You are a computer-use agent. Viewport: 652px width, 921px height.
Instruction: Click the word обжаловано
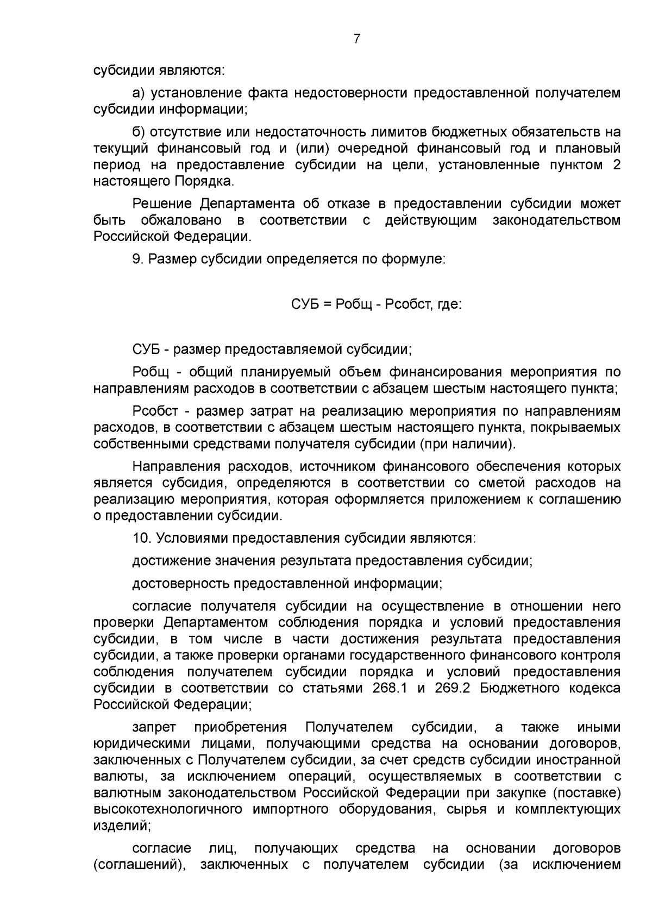(x=181, y=220)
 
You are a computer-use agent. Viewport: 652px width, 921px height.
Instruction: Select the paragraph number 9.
(x=137, y=259)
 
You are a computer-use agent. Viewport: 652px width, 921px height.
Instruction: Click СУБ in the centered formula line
(x=305, y=304)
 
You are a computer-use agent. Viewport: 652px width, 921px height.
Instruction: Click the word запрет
(x=154, y=727)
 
